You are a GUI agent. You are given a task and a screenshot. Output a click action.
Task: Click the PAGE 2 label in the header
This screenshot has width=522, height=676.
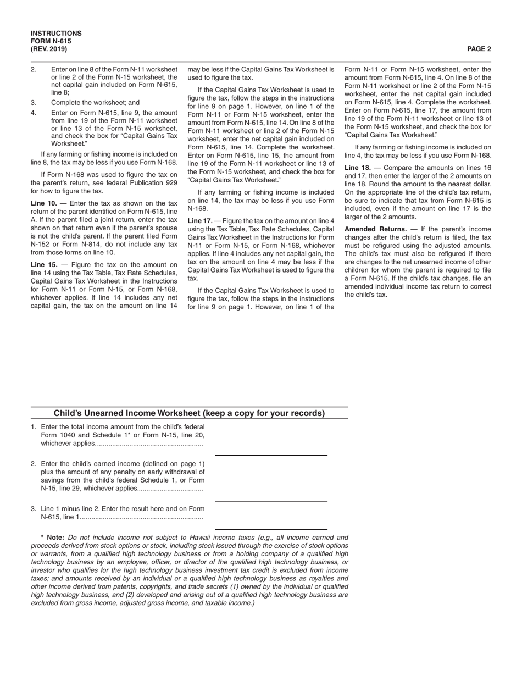479,49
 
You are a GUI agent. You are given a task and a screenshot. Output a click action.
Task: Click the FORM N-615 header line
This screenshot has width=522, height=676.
51,41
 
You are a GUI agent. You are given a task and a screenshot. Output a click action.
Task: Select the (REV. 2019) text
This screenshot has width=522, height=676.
49,49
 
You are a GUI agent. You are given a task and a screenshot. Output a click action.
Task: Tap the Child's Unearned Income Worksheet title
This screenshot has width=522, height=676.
189,413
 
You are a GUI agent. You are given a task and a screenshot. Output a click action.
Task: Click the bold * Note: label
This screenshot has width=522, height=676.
53,538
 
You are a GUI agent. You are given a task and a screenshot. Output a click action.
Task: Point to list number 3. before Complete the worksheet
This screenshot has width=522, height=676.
34,102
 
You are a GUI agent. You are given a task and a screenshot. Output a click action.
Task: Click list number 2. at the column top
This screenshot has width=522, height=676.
34,70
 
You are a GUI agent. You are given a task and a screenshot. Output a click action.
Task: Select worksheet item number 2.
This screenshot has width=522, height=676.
34,463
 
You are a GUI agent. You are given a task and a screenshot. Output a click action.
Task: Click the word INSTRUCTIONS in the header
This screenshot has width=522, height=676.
56,34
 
